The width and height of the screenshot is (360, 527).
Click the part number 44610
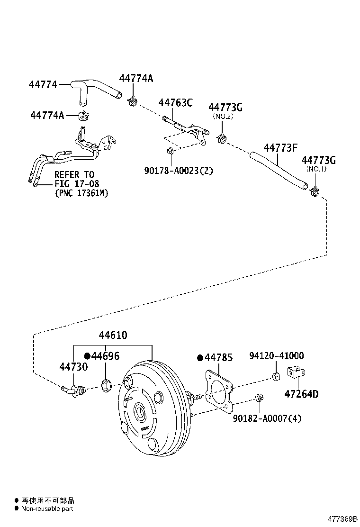pyautogui.click(x=113, y=336)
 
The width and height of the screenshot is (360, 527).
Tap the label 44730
pyautogui.click(x=73, y=367)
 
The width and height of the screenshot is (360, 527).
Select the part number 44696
pyautogui.click(x=105, y=356)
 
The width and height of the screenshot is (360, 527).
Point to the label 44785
pyautogui.click(x=218, y=358)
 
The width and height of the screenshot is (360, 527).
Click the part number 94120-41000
pyautogui.click(x=276, y=356)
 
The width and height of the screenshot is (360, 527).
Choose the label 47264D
pyautogui.click(x=301, y=394)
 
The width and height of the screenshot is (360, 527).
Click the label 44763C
pyautogui.click(x=175, y=102)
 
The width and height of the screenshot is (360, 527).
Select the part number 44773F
pyautogui.click(x=280, y=148)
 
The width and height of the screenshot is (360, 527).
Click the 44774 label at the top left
pyautogui.click(x=43, y=84)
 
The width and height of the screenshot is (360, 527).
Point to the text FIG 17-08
pyautogui.click(x=74, y=184)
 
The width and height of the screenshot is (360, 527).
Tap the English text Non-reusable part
pyautogui.click(x=47, y=509)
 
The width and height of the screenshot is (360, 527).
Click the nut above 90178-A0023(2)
pyautogui.click(x=170, y=151)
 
